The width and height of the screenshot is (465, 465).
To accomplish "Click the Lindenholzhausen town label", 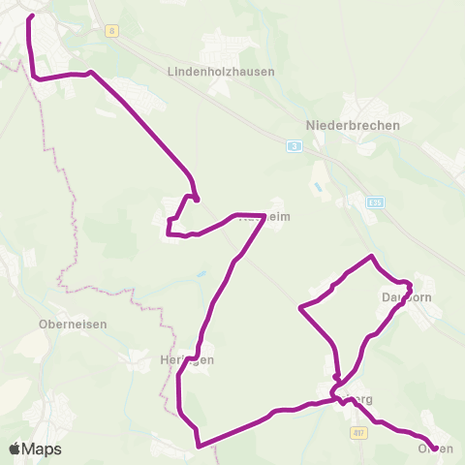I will point(221,72).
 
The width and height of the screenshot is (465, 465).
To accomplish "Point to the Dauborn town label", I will point(407,296).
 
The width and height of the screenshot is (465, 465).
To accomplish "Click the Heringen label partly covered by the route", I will point(185,359).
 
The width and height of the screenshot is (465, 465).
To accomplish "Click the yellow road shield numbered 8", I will point(113,31).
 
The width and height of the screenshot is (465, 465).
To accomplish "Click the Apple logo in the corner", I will point(15,449).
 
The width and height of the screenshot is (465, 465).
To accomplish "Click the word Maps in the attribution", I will point(43,449).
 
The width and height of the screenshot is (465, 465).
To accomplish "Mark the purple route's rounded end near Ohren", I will point(434,448).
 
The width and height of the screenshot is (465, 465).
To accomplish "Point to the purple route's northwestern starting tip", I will point(32,15).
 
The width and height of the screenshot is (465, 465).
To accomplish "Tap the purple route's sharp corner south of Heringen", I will point(199,447).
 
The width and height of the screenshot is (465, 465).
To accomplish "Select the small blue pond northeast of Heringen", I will point(201,275).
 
